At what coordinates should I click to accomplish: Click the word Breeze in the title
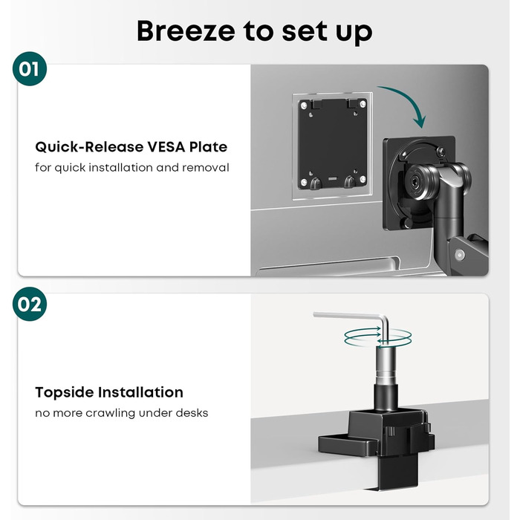click(186, 31)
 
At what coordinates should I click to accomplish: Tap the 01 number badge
click(30, 68)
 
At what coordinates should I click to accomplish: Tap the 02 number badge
click(30, 304)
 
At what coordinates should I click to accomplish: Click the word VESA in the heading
click(166, 147)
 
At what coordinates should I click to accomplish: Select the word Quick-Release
click(89, 147)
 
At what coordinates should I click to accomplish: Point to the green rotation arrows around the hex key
click(377, 337)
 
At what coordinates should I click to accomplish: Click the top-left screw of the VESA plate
click(304, 105)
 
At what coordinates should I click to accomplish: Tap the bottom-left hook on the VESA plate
click(316, 183)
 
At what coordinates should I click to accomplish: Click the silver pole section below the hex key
click(386, 365)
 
